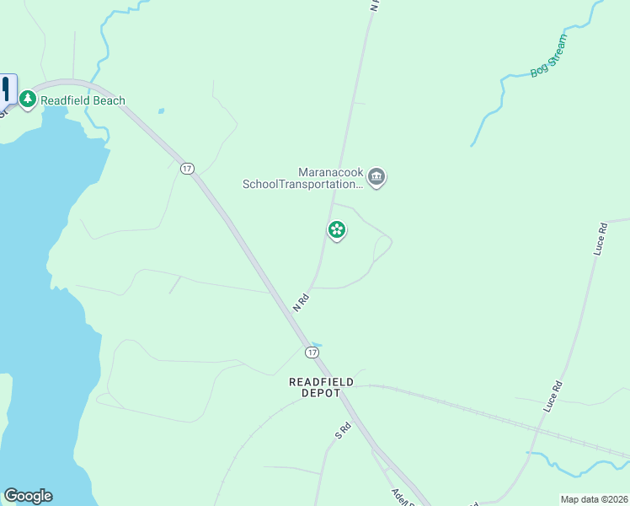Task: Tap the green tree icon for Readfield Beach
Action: [x=28, y=100]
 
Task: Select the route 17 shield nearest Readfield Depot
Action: [x=312, y=351]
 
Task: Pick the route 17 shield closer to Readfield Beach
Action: [x=187, y=169]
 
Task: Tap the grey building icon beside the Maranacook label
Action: [x=376, y=177]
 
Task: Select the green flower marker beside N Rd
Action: [x=337, y=229]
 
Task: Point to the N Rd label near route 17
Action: [x=302, y=302]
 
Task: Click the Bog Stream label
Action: [x=549, y=56]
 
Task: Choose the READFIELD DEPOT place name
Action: [x=321, y=387]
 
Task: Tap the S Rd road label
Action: [x=343, y=431]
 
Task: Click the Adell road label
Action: [x=401, y=495]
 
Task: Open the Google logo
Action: [x=28, y=496]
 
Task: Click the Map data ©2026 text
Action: [x=594, y=499]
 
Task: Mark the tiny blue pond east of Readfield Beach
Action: [x=160, y=110]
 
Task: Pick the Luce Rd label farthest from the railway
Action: [x=600, y=239]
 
